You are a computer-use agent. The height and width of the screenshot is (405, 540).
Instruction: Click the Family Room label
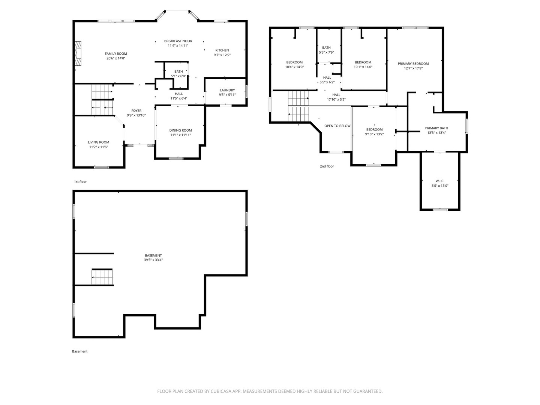point(115,54)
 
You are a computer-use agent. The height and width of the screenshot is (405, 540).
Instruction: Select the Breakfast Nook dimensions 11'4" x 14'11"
point(178,45)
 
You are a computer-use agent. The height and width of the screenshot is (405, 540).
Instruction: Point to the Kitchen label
point(222,50)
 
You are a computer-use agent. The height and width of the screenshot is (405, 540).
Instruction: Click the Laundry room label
point(227,90)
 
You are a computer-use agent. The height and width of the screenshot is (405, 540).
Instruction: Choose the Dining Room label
point(180,130)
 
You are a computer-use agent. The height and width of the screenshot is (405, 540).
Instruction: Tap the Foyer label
point(136,111)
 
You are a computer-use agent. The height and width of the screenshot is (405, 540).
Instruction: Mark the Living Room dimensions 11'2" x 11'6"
point(98,147)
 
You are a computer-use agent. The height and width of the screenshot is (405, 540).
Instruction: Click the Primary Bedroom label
point(413,64)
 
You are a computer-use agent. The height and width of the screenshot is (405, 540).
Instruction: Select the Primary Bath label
point(436,128)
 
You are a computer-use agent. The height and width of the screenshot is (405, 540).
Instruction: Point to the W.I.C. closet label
point(439,181)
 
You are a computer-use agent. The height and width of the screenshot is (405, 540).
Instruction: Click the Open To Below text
point(337,126)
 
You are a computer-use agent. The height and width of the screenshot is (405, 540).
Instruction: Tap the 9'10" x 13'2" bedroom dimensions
point(374,134)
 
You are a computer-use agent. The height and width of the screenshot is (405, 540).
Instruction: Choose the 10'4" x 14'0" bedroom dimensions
point(294,67)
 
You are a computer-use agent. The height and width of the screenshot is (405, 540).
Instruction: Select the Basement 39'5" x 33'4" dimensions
point(153,259)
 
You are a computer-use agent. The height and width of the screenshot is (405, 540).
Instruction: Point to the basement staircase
point(102,277)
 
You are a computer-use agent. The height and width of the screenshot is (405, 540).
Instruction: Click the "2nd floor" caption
point(327,166)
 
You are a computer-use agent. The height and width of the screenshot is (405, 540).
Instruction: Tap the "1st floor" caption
point(80,182)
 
